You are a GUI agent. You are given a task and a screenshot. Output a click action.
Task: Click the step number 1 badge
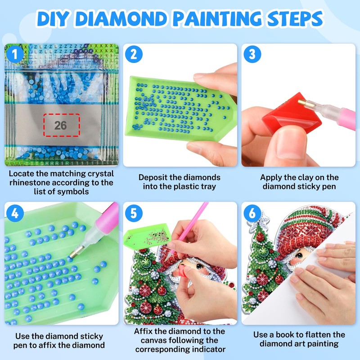[x=15, y=54]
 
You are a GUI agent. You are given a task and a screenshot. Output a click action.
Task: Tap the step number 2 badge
[x=134, y=54]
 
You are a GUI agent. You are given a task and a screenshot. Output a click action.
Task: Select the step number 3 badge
[x=252, y=54]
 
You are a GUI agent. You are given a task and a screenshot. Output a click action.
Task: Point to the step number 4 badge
[x=15, y=213]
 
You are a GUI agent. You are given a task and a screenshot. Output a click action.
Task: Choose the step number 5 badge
[x=134, y=213]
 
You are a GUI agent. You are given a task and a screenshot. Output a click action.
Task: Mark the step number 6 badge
[x=252, y=213]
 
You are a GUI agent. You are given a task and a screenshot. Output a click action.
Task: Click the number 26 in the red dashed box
[x=61, y=126]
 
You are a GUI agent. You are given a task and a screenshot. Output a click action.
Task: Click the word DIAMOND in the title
[x=121, y=18]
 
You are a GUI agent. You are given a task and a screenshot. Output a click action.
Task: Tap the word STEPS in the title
[x=296, y=18]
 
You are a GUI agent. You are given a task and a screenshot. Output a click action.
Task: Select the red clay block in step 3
[x=291, y=114]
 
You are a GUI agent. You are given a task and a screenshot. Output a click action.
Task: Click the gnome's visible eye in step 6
[x=298, y=255]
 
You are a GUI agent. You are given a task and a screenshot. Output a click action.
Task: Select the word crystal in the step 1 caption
[x=101, y=174]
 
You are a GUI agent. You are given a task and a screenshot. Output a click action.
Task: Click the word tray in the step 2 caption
[x=208, y=187]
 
